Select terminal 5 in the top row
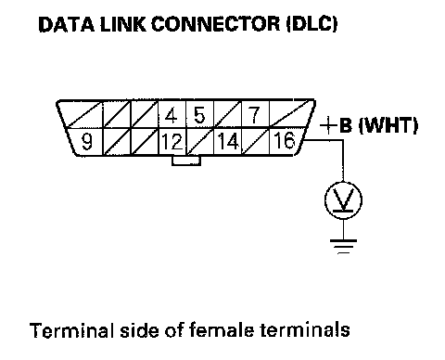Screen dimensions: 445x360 pyautogui.click(x=199, y=115)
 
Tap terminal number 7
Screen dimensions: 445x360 pyautogui.click(x=255, y=115)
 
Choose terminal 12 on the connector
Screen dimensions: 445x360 pyautogui.click(x=172, y=142)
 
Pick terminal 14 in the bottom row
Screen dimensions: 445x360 pyautogui.click(x=228, y=141)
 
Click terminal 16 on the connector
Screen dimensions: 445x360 pyautogui.click(x=285, y=140)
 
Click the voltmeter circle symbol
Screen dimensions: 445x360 pyautogui.click(x=343, y=200)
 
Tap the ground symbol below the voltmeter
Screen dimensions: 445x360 pyautogui.click(x=343, y=247)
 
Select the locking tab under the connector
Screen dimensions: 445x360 pyautogui.click(x=186, y=161)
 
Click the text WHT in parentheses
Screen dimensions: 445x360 pyautogui.click(x=388, y=125)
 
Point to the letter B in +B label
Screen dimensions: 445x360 pyautogui.click(x=346, y=125)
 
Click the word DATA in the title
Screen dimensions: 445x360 pyautogui.click(x=66, y=24)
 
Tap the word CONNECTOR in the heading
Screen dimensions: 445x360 pyautogui.click(x=215, y=24)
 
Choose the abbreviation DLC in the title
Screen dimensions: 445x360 pyautogui.click(x=312, y=24)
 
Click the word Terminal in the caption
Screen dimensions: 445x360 pyautogui.click(x=72, y=330)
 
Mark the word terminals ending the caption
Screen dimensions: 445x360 pyautogui.click(x=305, y=329)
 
